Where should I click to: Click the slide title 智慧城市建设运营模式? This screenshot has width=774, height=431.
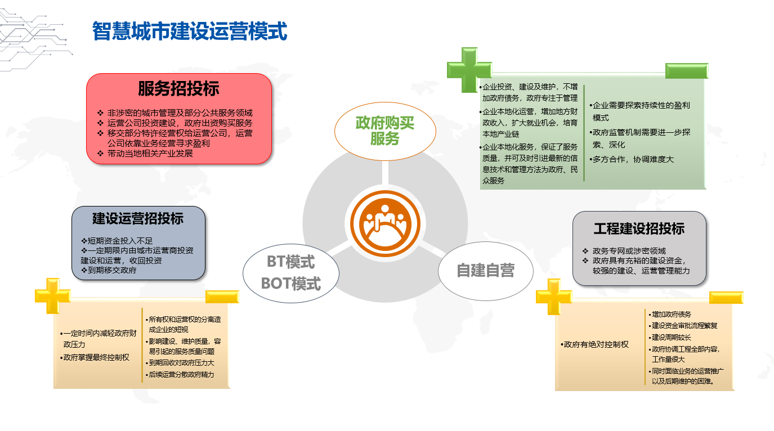(190, 31)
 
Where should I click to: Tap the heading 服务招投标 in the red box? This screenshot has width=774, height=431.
(178, 88)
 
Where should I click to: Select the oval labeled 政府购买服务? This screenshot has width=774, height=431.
(385, 131)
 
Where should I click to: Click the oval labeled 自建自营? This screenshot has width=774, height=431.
(485, 271)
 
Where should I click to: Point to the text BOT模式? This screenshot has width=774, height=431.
(291, 284)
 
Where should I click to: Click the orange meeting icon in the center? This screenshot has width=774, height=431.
(385, 223)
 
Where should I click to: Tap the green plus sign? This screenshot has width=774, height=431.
(469, 70)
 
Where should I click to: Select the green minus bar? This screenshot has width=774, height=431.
(687, 71)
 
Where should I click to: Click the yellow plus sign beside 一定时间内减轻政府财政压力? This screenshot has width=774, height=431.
(52, 296)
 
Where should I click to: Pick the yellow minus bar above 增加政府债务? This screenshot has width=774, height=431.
(726, 297)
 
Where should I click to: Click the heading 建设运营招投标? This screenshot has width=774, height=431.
(138, 219)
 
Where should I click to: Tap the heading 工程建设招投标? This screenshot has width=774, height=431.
(639, 228)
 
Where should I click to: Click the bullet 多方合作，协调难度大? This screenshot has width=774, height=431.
(632, 159)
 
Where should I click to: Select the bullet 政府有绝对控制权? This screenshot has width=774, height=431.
(594, 344)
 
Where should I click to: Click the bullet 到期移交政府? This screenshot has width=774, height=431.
(109, 270)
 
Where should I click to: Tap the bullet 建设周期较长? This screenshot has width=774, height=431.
(670, 337)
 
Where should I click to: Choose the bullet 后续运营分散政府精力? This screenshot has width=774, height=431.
(180, 374)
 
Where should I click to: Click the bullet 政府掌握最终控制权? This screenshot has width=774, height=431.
(95, 357)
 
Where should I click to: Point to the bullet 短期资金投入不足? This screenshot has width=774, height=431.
(117, 241)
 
